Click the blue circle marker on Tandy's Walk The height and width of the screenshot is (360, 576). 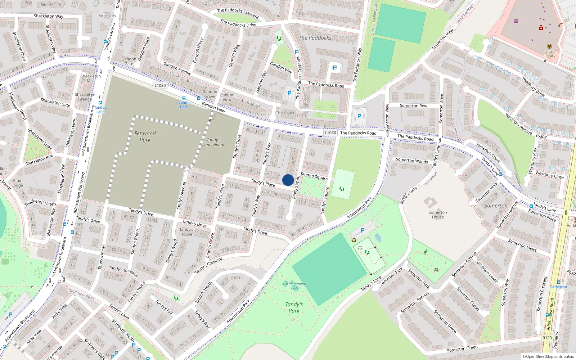pyautogui.click(x=288, y=180)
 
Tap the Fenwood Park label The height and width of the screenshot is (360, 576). pyautogui.click(x=145, y=136)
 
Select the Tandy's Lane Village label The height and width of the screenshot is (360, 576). pyautogui.click(x=213, y=142)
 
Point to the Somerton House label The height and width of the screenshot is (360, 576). pyautogui.click(x=438, y=215)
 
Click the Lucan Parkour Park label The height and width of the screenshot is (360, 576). pyautogui.click(x=294, y=286)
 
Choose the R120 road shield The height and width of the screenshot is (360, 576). pyautogui.click(x=547, y=338)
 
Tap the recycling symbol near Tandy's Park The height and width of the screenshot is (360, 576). pyautogui.click(x=354, y=240)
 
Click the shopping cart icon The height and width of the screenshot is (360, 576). pyautogui.click(x=516, y=21)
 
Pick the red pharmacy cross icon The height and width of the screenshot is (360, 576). pyautogui.click(x=541, y=28)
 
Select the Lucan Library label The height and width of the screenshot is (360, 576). pyautogui.click(x=549, y=54)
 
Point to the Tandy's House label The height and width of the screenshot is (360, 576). pyautogui.click(x=186, y=232)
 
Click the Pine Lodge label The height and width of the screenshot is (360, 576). pyautogui.click(x=17, y=183)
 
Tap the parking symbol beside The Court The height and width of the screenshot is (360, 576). pyautogui.click(x=289, y=93)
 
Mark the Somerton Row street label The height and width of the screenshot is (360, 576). pyautogui.click(x=414, y=105)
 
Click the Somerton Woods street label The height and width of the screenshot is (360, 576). pyautogui.click(x=412, y=161)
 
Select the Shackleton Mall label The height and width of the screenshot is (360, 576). pyautogui.click(x=91, y=78)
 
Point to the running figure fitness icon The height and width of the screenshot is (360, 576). pyautogui.click(x=426, y=252)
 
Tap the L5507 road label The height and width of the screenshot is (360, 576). pyautogui.click(x=541, y=137)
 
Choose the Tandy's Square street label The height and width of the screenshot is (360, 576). pyautogui.click(x=314, y=176)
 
